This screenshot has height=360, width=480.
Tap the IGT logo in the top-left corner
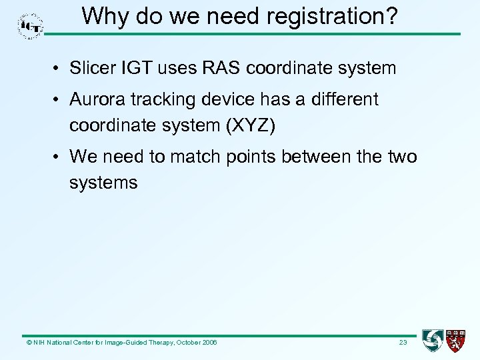pos(30,25)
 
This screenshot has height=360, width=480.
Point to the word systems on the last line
pos(103,183)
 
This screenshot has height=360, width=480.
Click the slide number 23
pos(403,343)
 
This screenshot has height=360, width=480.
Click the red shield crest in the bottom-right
pos(456,341)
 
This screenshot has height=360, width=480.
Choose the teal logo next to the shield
pos(433,341)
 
